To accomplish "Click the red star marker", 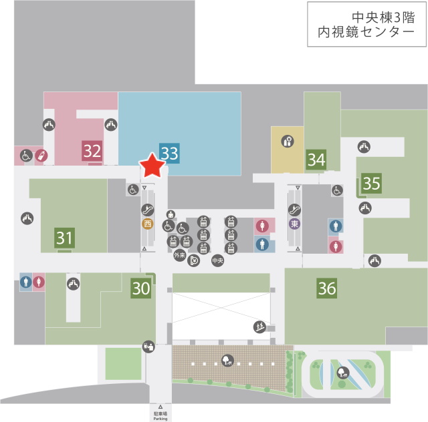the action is [152, 166].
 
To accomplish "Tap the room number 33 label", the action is [169, 153].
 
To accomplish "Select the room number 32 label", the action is [92, 151].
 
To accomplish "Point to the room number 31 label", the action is [64, 238].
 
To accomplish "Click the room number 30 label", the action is [141, 288].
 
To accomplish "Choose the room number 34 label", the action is [316, 160].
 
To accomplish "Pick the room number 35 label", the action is [372, 183].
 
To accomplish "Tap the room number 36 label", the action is [327, 288].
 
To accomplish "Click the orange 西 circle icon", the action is [148, 224].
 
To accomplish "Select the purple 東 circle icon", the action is [294, 224].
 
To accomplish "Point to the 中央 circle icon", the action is [217, 260].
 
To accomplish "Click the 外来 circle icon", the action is [180, 255].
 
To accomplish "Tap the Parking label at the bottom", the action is [160, 419].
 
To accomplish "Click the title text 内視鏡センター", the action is [366, 32].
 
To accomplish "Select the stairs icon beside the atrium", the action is [259, 327].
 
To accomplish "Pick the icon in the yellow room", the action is [288, 141].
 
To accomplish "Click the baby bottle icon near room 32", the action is [41, 156].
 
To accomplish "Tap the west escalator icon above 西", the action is [148, 210].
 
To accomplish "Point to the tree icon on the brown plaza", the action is [227, 361].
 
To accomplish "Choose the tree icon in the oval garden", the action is [342, 373].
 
